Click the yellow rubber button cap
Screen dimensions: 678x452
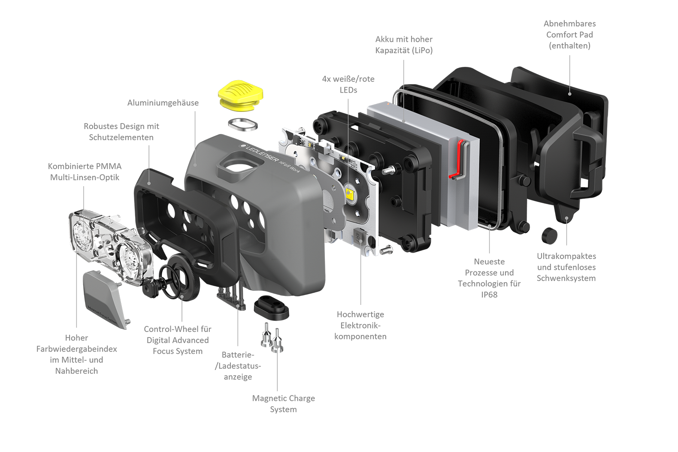[241, 95]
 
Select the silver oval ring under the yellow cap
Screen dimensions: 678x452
[243, 125]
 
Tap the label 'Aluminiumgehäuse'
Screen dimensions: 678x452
[163, 103]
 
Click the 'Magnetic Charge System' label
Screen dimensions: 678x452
[283, 404]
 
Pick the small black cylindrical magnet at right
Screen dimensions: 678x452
[549, 235]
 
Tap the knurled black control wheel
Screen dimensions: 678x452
[184, 277]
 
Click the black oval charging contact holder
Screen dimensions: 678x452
[272, 307]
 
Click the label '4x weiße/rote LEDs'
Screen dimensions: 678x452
[348, 84]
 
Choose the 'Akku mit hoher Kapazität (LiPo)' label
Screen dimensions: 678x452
[404, 45]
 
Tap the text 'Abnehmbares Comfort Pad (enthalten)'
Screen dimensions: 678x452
[569, 34]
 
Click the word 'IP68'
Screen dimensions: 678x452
[489, 295]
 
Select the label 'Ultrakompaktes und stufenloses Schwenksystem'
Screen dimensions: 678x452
[566, 267]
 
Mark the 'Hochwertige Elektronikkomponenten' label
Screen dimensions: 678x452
[360, 325]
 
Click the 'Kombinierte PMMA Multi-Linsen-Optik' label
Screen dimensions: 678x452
[85, 172]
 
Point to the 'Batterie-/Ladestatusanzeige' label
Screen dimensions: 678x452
[238, 366]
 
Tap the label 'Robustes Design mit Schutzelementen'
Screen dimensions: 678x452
[121, 132]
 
